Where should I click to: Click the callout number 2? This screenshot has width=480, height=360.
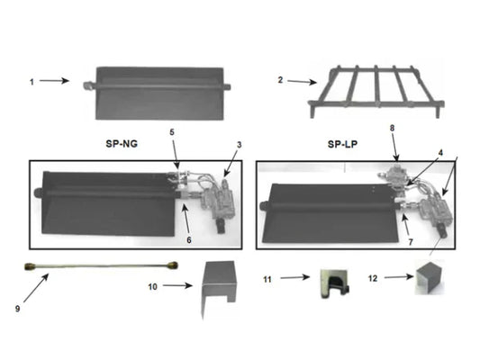(x=280, y=80)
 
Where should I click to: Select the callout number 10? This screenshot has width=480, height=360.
(x=153, y=286)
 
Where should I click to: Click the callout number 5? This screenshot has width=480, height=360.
(x=172, y=132)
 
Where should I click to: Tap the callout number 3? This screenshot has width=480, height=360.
(x=239, y=145)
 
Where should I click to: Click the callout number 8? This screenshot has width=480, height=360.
(x=393, y=129)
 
